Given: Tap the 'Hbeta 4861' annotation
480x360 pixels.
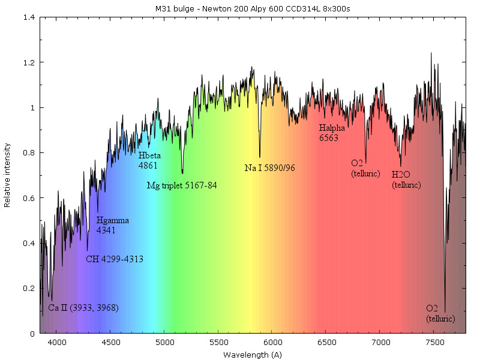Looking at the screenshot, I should pyautogui.click(x=149, y=160).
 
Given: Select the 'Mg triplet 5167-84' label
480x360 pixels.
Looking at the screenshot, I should pyautogui.click(x=182, y=186).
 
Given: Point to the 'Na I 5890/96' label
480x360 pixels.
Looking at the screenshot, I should pyautogui.click(x=270, y=168).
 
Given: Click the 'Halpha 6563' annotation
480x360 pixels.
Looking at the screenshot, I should pyautogui.click(x=332, y=133).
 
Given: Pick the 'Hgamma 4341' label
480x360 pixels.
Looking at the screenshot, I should pyautogui.click(x=112, y=225).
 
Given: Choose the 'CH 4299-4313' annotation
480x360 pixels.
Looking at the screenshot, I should pyautogui.click(x=114, y=260).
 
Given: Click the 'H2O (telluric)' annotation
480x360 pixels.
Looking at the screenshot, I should pyautogui.click(x=406, y=180).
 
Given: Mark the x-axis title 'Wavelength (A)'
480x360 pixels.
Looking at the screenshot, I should pyautogui.click(x=252, y=355).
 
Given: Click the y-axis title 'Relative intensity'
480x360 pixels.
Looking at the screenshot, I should pyautogui.click(x=7, y=175).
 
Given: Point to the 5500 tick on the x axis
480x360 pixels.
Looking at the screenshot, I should pyautogui.click(x=218, y=341).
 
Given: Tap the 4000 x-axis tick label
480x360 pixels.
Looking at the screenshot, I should pyautogui.click(x=56, y=341).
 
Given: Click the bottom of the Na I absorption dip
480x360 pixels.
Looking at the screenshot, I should pyautogui.click(x=260, y=157).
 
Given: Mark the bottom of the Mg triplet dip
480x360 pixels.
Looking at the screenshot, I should pyautogui.click(x=182, y=173).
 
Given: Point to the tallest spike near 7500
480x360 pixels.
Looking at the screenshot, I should pyautogui.click(x=431, y=53).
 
